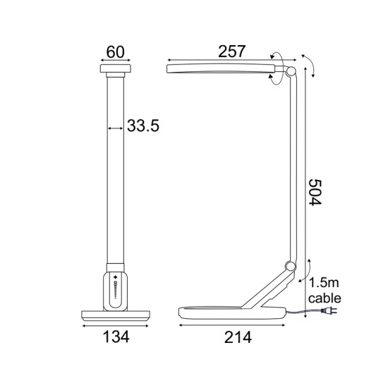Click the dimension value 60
click(116, 51)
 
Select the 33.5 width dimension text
click(143, 126)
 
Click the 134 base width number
click(116, 337)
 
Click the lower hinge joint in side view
click(287, 266)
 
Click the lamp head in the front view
click(116, 71)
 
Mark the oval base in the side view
click(233, 313)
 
